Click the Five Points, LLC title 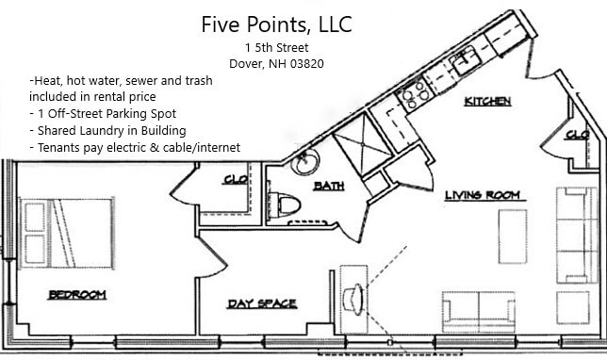click(276, 24)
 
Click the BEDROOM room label click(77, 295)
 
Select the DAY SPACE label click(262, 303)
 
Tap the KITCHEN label click(488, 101)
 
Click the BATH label click(328, 186)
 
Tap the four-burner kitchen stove click(415, 93)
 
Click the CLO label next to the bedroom click(235, 180)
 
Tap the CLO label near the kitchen click(576, 136)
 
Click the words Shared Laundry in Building click(107, 130)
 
